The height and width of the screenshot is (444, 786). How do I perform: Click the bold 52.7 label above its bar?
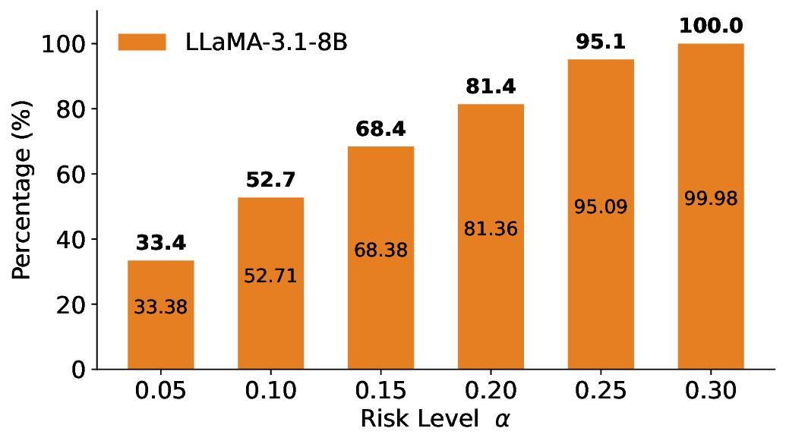[270, 181]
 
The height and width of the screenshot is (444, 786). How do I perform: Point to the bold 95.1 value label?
[600, 43]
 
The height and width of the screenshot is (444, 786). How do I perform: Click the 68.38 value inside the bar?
[380, 250]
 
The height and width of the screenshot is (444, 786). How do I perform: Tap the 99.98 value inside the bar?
[711, 199]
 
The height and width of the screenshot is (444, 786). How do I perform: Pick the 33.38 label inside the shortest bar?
[160, 307]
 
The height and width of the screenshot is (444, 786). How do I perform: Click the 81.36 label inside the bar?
[491, 228]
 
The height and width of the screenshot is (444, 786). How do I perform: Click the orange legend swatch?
[142, 43]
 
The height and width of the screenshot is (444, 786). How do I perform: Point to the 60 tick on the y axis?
[71, 175]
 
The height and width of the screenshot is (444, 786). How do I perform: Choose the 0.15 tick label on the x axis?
[380, 392]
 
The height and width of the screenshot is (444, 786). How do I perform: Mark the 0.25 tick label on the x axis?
[601, 392]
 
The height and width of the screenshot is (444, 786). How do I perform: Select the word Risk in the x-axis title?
[380, 419]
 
